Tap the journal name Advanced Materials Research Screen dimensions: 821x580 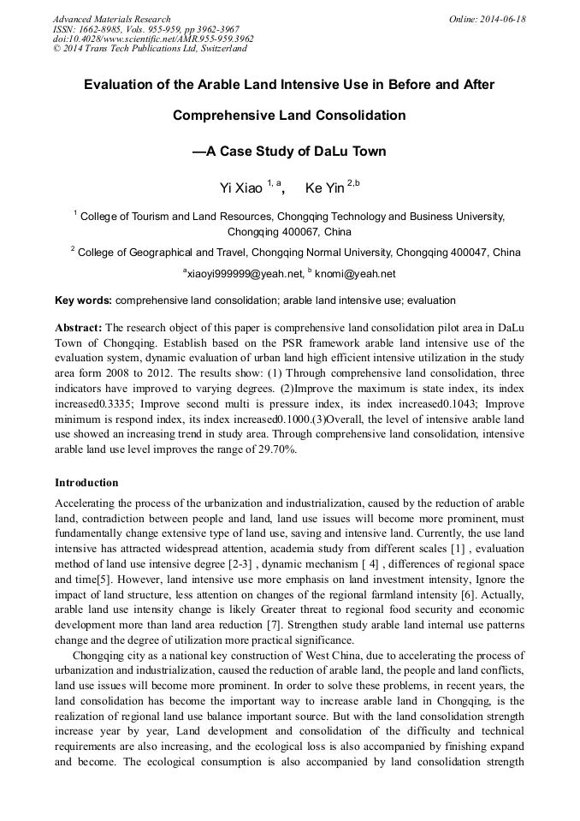click(x=111, y=19)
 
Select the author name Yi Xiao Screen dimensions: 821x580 click(x=241, y=187)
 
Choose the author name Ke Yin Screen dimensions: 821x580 click(x=324, y=187)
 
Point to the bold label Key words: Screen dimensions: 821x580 click(x=83, y=300)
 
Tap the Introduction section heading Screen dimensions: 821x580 click(x=86, y=483)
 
